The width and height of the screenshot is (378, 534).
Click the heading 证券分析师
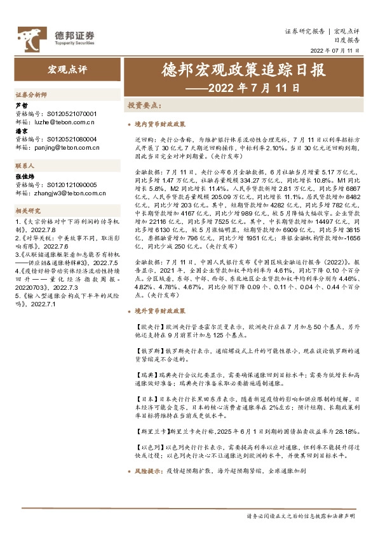click(x=31, y=94)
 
